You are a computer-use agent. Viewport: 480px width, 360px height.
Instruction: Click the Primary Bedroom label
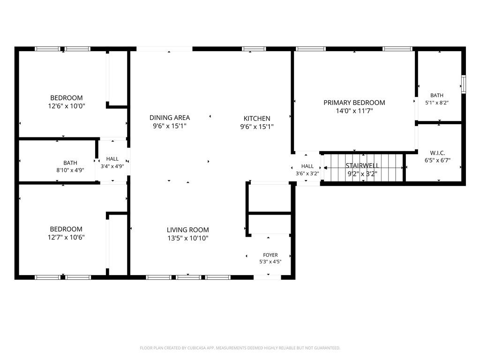tap(354, 103)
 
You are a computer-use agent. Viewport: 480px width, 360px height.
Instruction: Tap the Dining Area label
tap(170, 118)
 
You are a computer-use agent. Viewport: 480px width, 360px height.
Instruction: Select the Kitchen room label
tap(257, 119)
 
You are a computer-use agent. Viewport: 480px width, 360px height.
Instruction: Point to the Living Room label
tap(187, 230)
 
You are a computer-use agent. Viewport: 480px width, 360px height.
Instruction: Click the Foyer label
tap(270, 255)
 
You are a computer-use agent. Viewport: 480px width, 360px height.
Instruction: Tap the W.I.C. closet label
tap(437, 153)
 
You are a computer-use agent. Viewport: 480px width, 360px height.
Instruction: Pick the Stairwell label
tap(362, 165)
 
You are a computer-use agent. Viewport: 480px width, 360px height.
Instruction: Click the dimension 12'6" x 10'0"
tap(67, 106)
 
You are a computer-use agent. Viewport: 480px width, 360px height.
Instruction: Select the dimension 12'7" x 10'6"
tap(66, 237)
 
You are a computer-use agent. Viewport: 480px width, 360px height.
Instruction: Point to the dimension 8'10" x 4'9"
tap(70, 170)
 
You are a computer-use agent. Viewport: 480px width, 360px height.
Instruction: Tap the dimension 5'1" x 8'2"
tap(437, 103)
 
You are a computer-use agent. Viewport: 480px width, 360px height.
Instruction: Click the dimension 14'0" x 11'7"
tap(354, 111)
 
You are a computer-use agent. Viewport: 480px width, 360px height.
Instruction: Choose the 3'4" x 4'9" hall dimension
tap(112, 166)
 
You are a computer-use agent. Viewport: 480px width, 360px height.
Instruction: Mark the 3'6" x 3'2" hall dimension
tap(307, 173)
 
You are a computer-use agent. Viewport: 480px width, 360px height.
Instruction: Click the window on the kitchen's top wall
tap(254, 49)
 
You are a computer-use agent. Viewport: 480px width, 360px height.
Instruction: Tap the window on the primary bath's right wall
tap(464, 84)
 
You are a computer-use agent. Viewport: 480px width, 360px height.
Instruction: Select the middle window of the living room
tap(188, 277)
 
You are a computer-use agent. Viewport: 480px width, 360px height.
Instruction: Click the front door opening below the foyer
tap(267, 277)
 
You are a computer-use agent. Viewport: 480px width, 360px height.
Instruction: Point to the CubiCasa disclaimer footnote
tap(240, 348)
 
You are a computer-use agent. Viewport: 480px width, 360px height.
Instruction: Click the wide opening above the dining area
tap(165, 49)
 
